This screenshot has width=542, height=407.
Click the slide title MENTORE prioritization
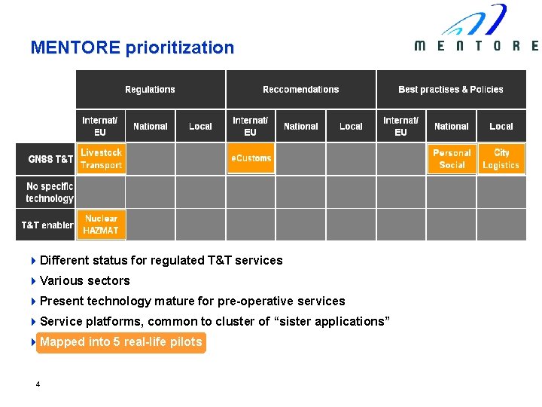point(132,47)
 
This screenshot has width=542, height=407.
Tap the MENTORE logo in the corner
point(477,30)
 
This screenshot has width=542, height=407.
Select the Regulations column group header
point(150,89)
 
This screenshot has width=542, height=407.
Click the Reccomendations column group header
point(300,89)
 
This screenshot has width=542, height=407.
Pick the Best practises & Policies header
point(450,89)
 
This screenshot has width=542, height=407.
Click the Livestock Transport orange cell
point(101,159)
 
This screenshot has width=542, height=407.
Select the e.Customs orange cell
point(251,158)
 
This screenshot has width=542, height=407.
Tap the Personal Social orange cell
point(452,159)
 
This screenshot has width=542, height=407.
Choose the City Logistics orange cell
point(501,159)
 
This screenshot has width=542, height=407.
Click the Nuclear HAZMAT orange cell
point(101,225)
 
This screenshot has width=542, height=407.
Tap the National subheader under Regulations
point(151,126)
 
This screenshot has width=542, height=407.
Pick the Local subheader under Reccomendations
point(351,126)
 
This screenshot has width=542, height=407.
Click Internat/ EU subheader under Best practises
point(400,126)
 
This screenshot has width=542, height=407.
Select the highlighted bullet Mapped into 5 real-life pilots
point(120,342)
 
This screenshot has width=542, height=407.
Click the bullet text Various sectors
point(84,280)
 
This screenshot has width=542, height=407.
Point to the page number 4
point(38,384)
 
